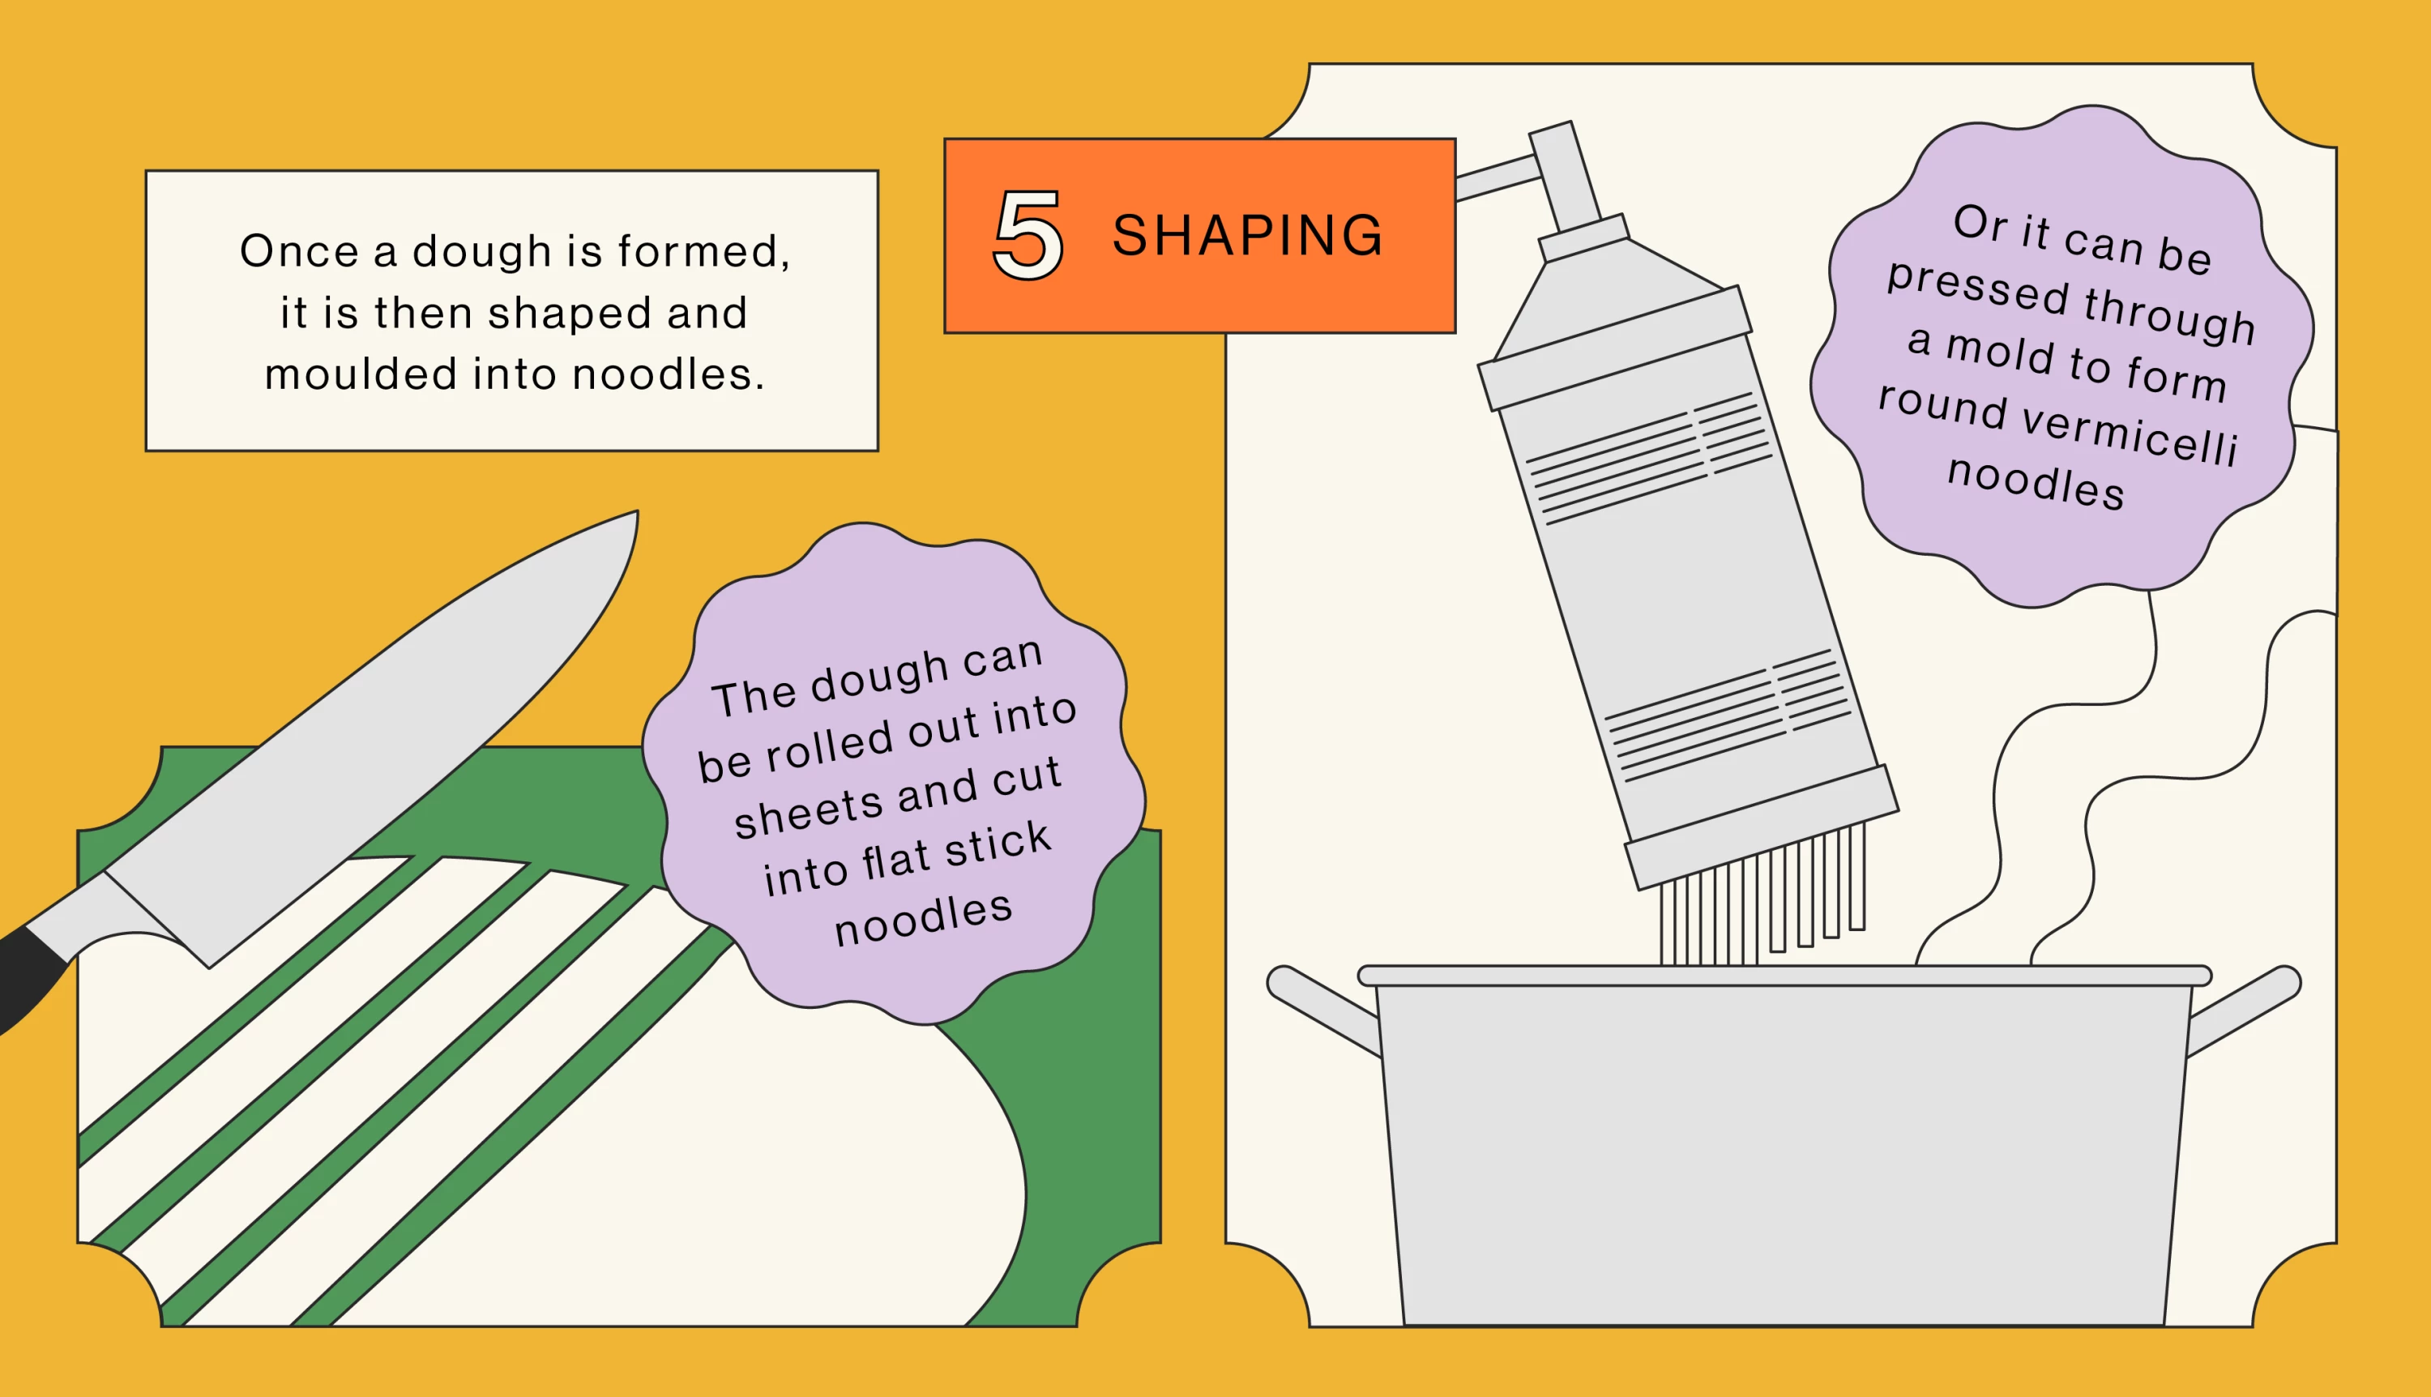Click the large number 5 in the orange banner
pos(1028,234)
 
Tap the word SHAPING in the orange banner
pos(1247,235)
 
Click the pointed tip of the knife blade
pos(636,511)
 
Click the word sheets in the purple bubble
pos(807,812)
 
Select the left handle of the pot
pos(1324,1010)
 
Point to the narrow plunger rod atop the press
pos(1565,177)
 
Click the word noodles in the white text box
pos(669,374)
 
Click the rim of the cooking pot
pos(1784,976)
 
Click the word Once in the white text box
pos(298,251)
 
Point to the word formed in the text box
pos(704,251)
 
